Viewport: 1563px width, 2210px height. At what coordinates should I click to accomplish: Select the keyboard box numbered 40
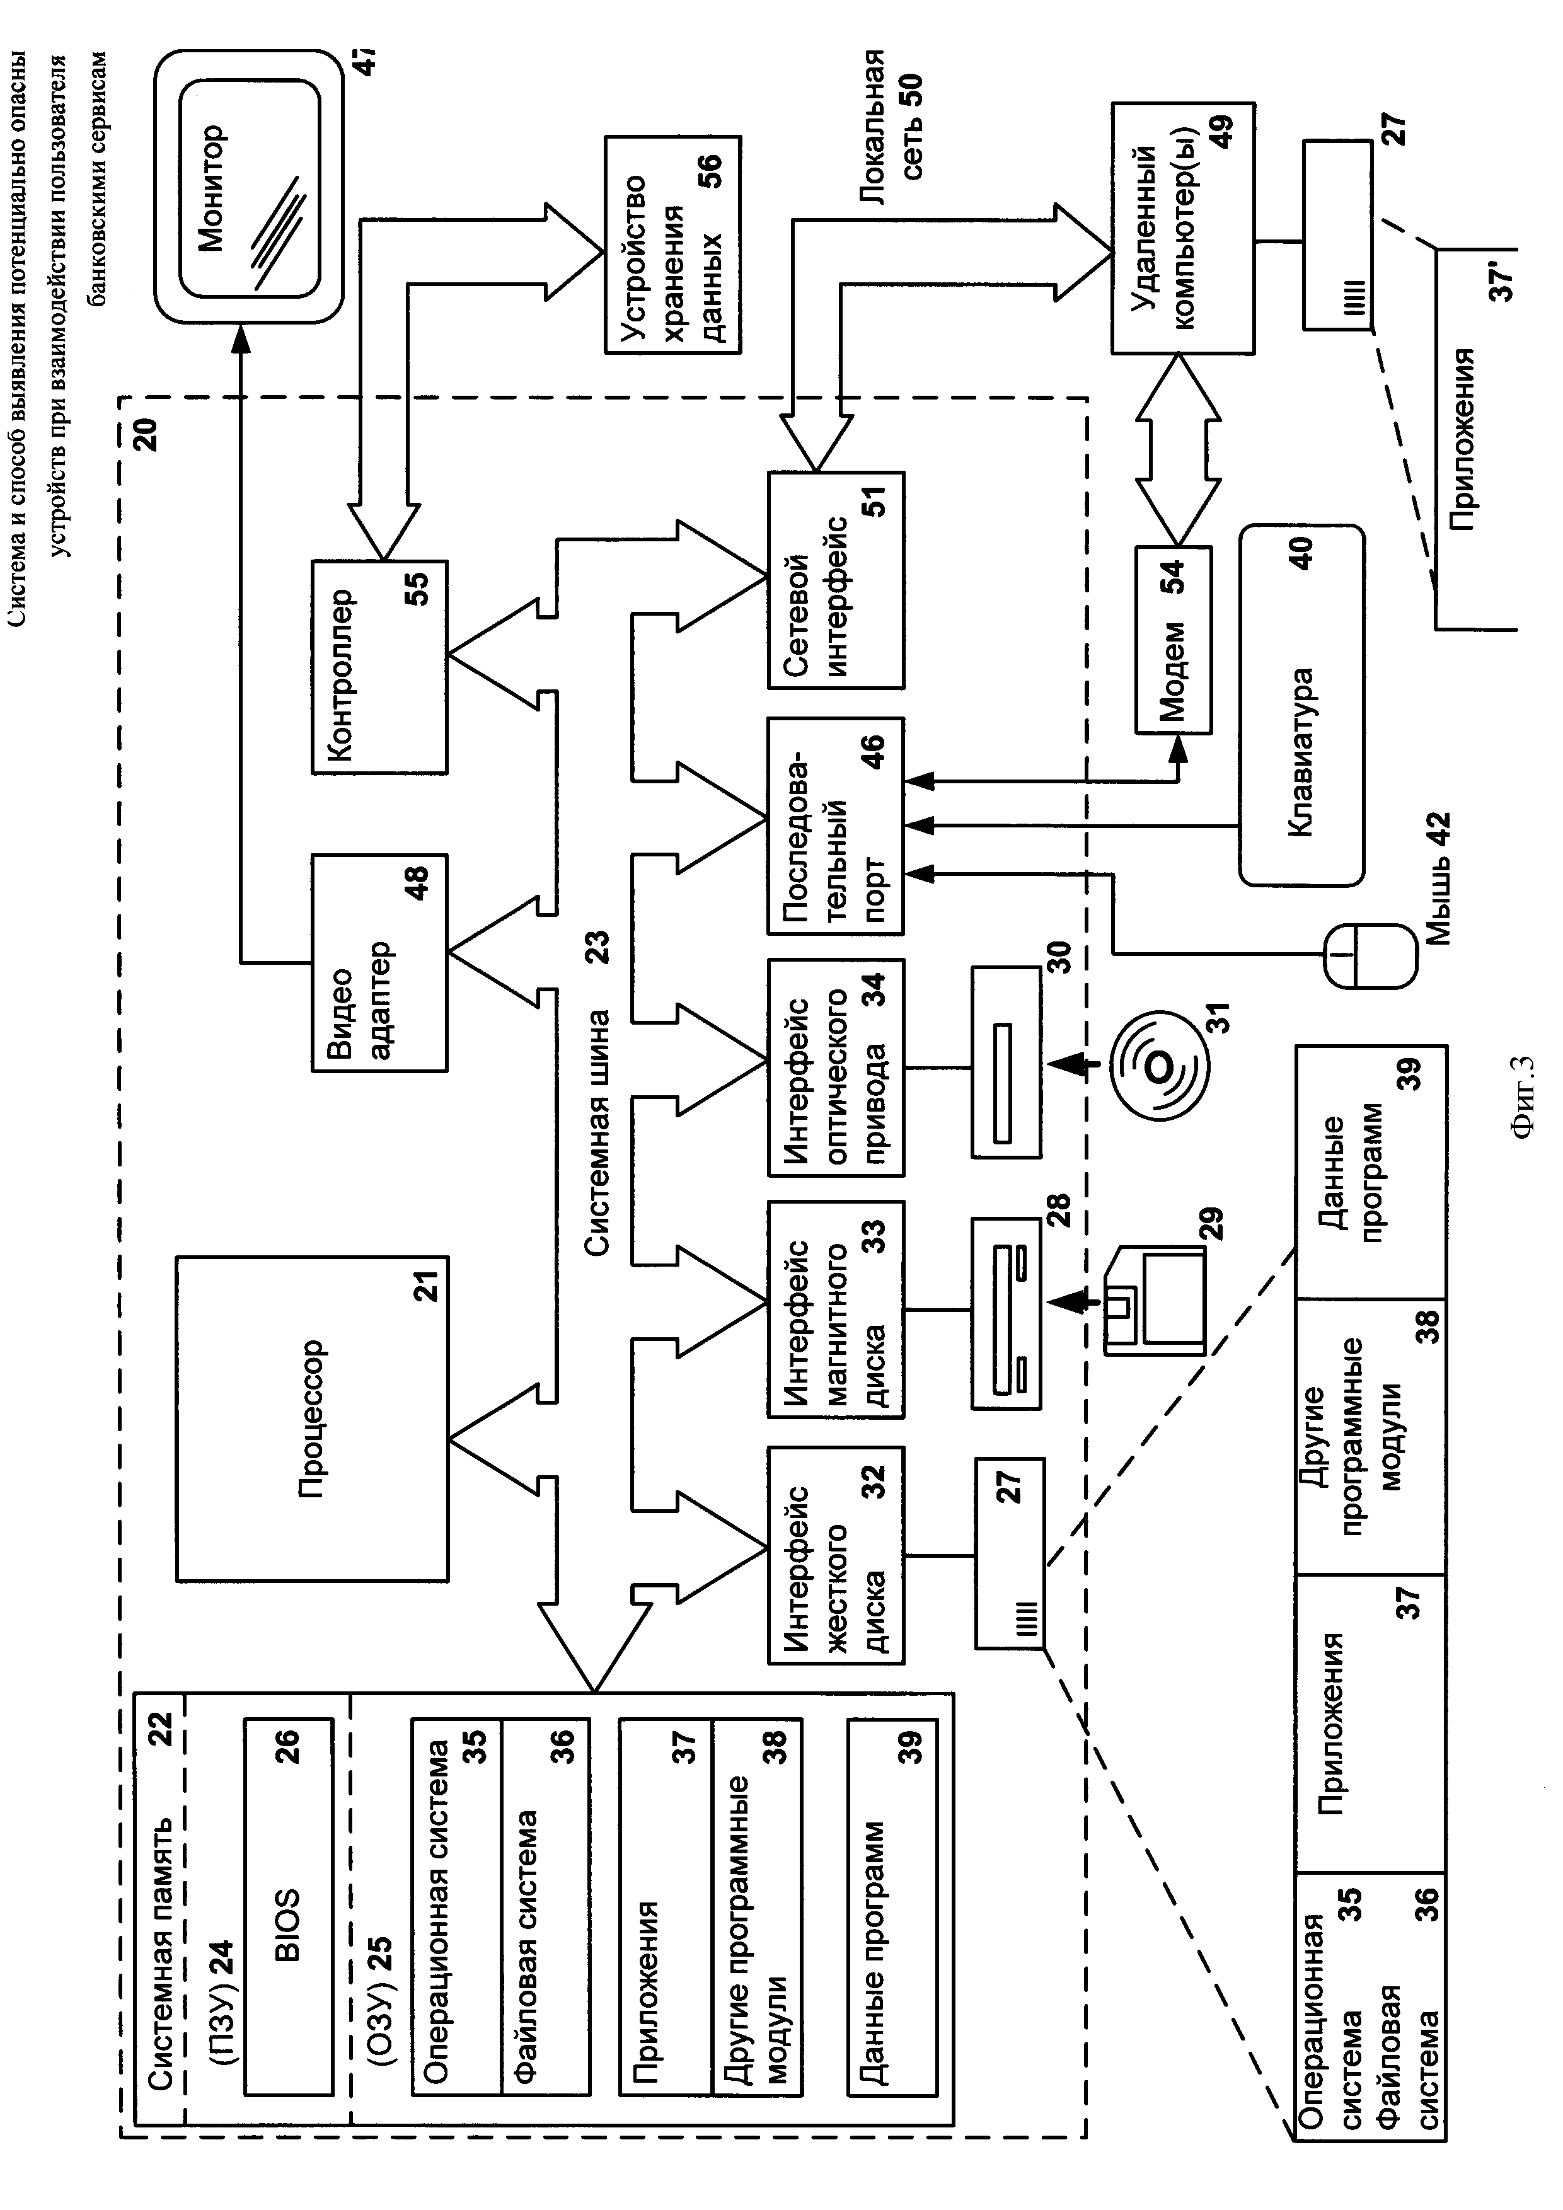point(1301,705)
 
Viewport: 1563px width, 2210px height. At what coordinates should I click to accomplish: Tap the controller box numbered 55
point(379,666)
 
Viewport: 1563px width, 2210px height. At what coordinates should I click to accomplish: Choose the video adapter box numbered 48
point(379,962)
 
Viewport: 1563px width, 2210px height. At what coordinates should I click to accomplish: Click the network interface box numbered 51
point(836,580)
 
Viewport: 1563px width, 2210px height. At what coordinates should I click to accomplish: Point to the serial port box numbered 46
point(836,825)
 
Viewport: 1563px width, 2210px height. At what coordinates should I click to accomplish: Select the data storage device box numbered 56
point(672,245)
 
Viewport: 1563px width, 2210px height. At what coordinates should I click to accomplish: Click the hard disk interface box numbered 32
point(836,1555)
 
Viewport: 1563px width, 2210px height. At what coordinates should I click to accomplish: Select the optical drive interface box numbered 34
point(836,1066)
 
